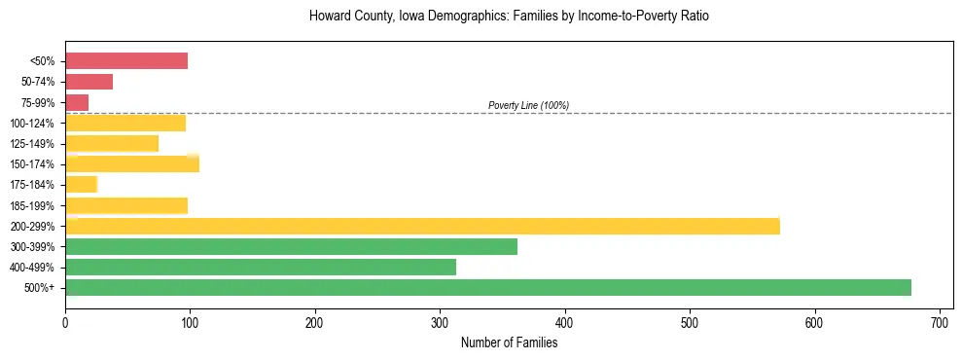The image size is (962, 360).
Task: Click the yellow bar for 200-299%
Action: pos(422,226)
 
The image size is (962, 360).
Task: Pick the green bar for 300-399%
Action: pos(291,246)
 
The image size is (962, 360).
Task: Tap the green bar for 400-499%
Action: pos(261,267)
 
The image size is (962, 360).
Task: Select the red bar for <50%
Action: pos(126,61)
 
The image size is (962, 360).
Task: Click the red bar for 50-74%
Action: pos(89,82)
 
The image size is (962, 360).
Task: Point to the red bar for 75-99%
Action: pos(77,102)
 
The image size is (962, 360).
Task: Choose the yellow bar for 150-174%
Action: pos(132,163)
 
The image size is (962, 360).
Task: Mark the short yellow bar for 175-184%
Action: pos(81,184)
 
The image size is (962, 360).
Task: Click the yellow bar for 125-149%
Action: pos(112,143)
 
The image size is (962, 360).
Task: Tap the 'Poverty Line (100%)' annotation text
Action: pos(528,105)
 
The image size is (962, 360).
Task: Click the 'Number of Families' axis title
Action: pos(509,342)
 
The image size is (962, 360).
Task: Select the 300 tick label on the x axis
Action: pos(440,322)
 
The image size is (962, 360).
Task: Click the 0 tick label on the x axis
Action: pos(65,322)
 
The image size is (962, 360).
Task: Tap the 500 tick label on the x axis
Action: pos(690,322)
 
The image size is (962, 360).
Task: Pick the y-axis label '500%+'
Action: pos(39,288)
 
